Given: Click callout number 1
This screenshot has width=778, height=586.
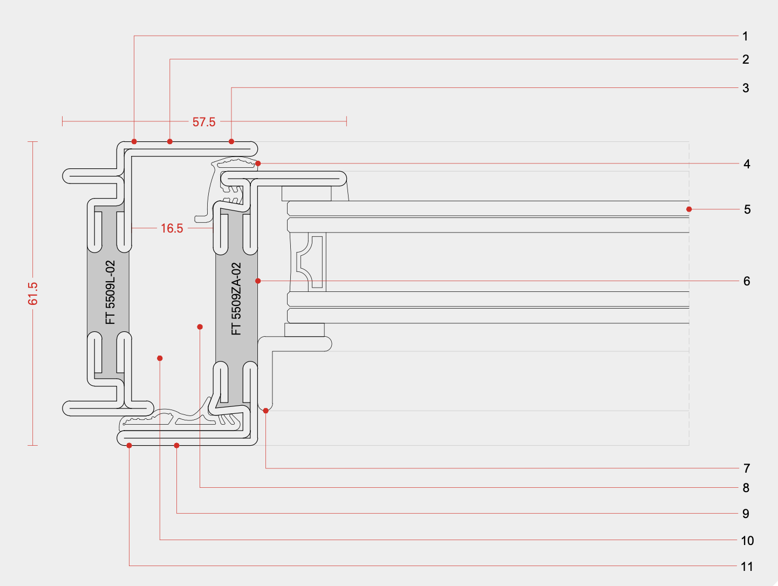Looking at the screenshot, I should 745,36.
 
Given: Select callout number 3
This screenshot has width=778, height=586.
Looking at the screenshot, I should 746,88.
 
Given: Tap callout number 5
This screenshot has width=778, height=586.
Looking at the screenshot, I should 747,209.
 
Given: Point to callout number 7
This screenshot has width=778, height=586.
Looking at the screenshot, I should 747,468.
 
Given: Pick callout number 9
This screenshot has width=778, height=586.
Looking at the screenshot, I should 746,514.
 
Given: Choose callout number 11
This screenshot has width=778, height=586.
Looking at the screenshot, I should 747,567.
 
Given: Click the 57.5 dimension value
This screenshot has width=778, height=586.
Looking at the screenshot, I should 204,122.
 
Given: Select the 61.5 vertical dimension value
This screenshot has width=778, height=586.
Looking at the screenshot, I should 33,294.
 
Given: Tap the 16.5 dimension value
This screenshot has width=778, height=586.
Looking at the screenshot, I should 172,228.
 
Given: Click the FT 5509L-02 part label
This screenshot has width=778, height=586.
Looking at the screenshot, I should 111,292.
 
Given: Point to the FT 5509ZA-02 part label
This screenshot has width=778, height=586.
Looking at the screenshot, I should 236,298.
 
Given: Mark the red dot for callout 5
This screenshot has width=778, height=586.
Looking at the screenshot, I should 689,209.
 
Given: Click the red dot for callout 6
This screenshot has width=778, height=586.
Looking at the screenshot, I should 258,281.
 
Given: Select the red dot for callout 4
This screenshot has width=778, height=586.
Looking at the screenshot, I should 258,163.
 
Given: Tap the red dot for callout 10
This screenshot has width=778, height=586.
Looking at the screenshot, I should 160,358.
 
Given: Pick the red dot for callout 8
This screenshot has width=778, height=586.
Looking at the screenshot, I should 200,327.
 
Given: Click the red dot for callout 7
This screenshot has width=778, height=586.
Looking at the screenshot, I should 266,411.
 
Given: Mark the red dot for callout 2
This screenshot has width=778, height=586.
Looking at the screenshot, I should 170,141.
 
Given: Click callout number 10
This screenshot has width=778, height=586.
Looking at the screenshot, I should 747,541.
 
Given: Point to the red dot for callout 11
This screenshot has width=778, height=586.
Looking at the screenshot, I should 129,445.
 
